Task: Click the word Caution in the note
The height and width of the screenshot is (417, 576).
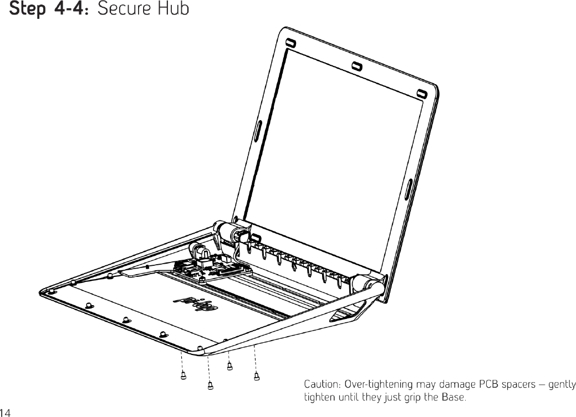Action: coord(321,384)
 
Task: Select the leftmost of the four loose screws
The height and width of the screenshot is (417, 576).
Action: coord(183,376)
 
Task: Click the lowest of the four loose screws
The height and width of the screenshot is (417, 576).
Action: coord(210,386)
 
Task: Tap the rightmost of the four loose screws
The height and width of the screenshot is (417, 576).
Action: coord(256,376)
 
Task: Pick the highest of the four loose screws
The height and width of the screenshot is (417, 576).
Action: coord(230,365)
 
